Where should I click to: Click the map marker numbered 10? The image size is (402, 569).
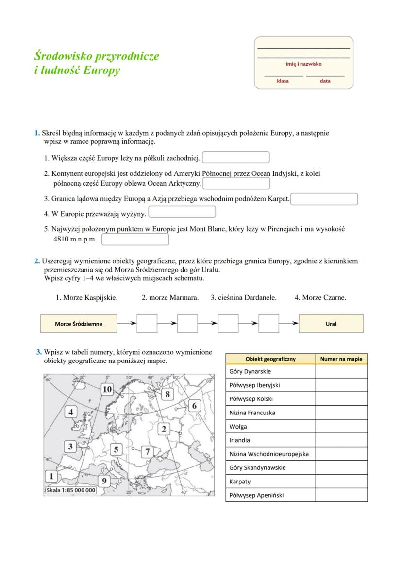click(107, 389)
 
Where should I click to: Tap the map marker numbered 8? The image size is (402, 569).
click(167, 394)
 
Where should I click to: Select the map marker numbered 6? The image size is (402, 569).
click(194, 406)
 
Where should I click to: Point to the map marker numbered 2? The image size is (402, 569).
click(164, 429)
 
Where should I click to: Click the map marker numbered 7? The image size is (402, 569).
click(149, 452)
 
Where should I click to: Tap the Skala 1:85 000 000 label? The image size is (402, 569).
click(71, 490)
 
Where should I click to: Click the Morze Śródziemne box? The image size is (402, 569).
click(78, 324)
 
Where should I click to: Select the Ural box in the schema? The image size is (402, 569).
click(331, 324)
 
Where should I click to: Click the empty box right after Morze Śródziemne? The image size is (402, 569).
click(147, 324)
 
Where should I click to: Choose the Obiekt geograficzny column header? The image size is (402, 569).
click(270, 359)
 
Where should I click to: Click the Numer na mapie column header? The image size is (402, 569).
click(341, 359)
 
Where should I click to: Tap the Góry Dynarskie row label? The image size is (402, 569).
click(250, 371)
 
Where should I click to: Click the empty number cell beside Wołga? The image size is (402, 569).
click(341, 426)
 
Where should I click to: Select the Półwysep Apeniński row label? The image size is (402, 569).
click(256, 495)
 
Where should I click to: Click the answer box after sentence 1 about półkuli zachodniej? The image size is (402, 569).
click(236, 158)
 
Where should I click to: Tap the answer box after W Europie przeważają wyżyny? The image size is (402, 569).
click(182, 212)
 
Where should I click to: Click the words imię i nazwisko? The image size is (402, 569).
click(303, 64)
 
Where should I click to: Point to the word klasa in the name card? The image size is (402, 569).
click(283, 81)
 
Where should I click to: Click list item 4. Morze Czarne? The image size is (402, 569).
click(320, 298)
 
